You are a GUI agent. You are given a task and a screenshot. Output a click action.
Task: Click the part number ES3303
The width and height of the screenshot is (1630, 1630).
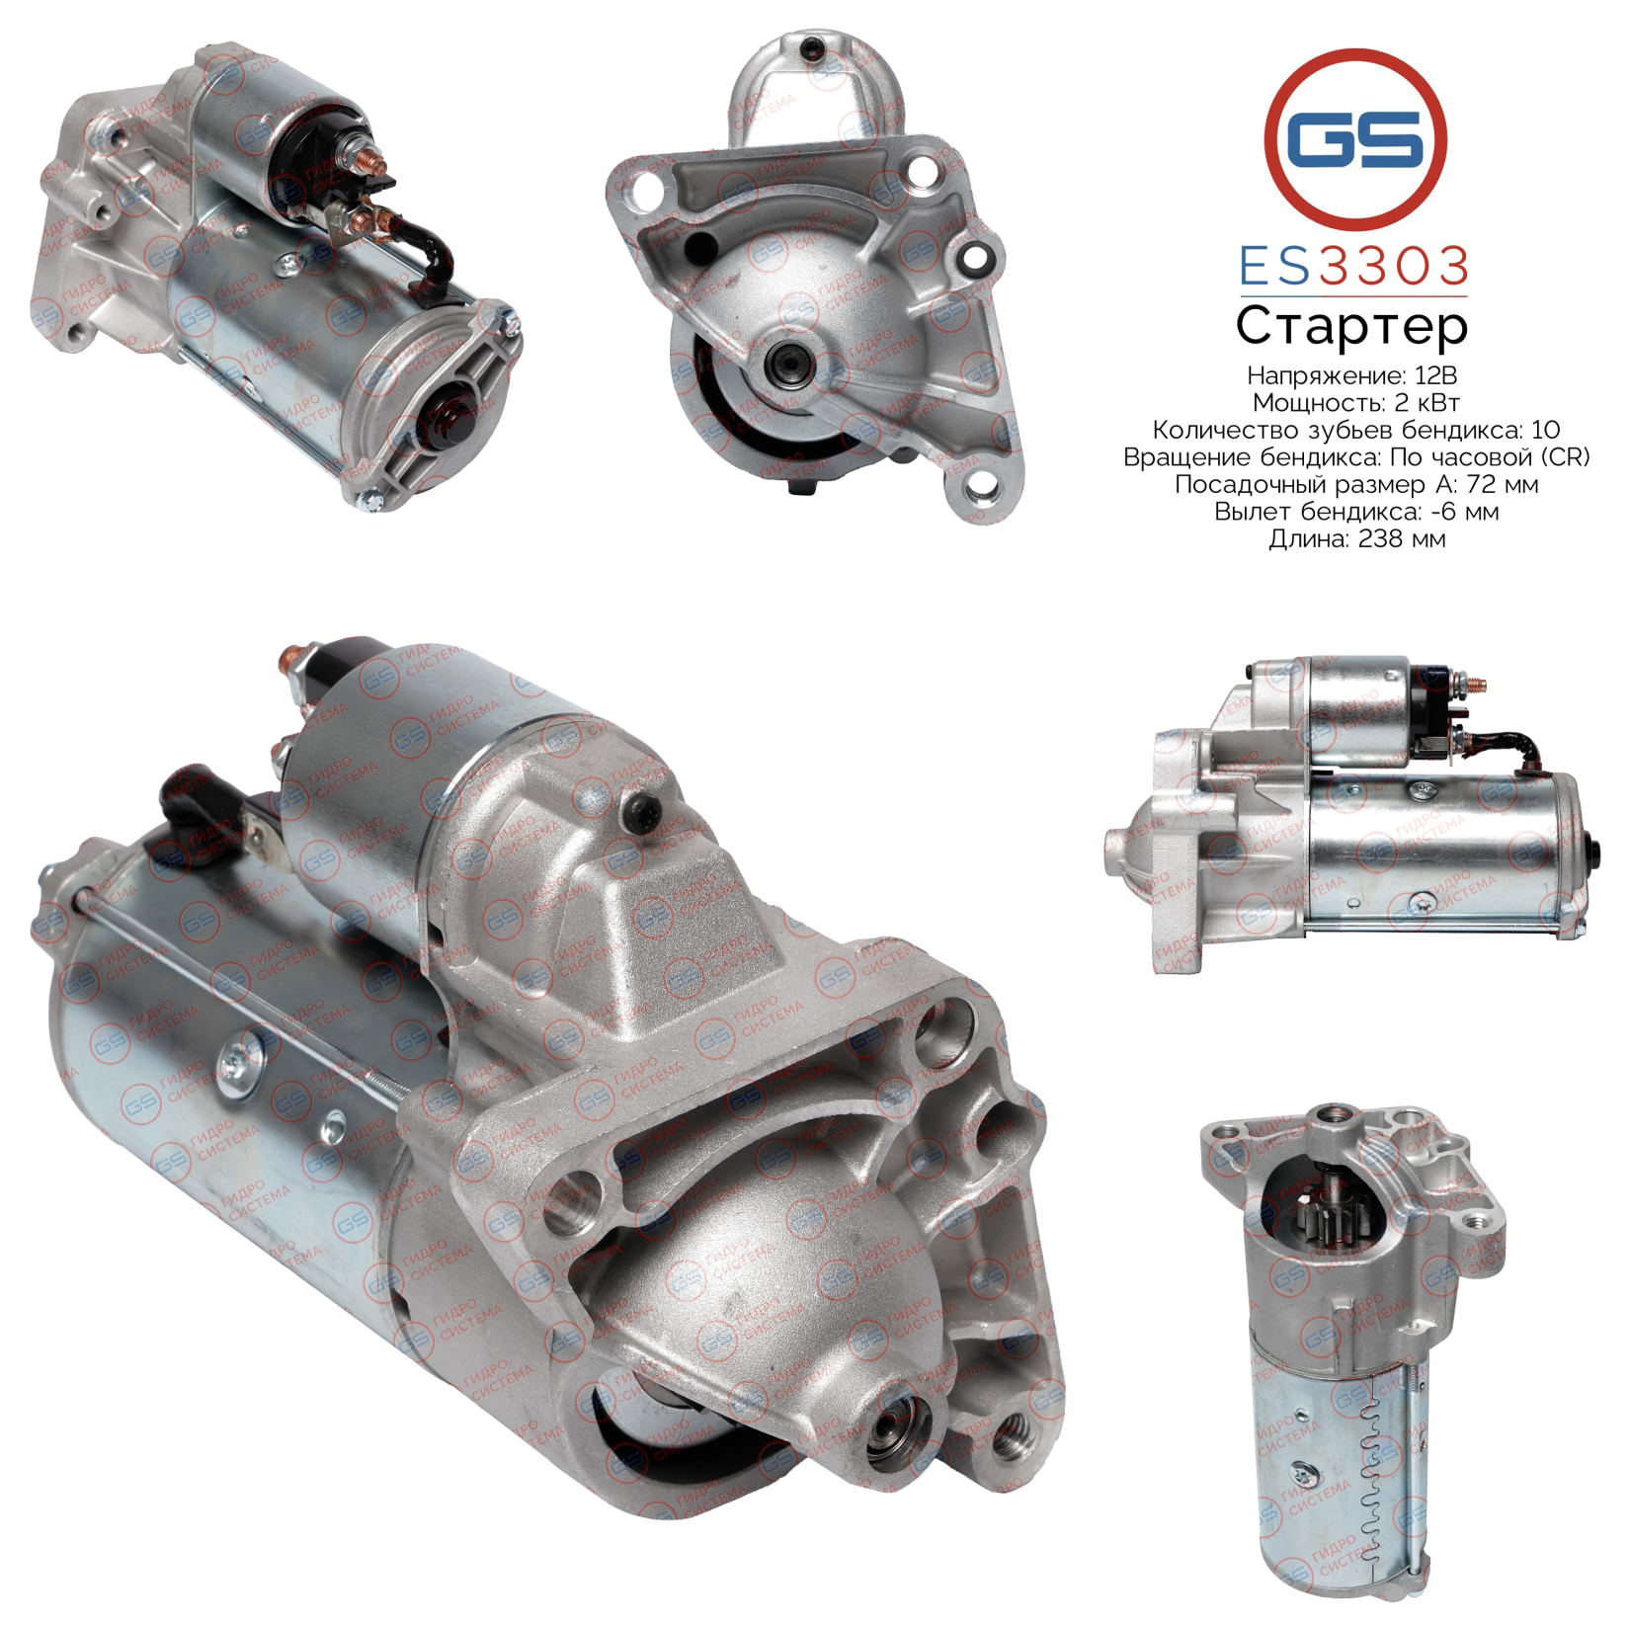tap(1353, 267)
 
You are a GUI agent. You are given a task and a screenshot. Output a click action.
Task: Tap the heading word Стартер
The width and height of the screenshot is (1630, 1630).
tap(1351, 326)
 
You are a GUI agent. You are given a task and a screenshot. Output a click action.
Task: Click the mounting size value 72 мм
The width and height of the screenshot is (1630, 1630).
tap(1497, 484)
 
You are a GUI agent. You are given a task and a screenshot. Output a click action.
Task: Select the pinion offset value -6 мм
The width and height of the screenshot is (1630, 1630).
tap(1454, 512)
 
